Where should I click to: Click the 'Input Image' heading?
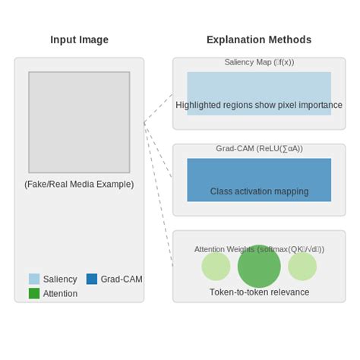[x=79, y=39]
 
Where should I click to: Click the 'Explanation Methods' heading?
[x=258, y=39]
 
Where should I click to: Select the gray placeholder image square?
[x=79, y=122]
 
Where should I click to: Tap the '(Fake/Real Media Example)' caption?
[x=79, y=184]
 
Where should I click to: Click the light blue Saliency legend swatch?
[x=34, y=279]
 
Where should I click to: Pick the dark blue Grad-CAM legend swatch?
[x=92, y=279]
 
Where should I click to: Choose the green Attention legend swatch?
[x=34, y=293]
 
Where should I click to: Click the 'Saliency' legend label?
[x=60, y=279]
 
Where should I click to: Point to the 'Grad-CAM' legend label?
[x=122, y=279]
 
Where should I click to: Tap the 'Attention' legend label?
[x=60, y=293]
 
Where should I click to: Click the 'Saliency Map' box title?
[x=259, y=62]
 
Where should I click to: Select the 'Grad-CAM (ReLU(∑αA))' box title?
[x=259, y=149]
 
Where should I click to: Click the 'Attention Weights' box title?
[x=259, y=249]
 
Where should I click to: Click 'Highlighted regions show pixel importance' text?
[x=259, y=105]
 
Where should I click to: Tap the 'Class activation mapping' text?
[x=259, y=191]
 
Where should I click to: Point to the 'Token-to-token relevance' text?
[x=259, y=292]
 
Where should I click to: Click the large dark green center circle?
[x=259, y=267]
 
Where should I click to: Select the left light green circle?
[x=216, y=267]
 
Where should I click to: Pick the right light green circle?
[x=302, y=267]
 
